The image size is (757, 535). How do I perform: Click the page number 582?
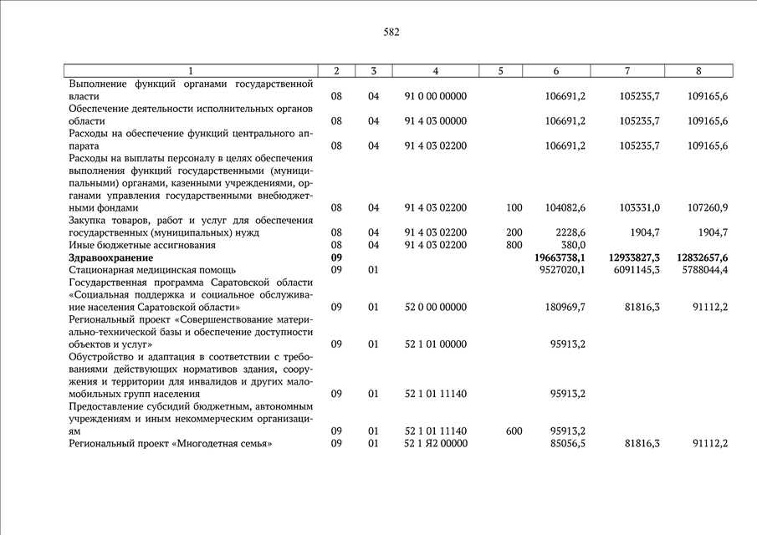point(391,33)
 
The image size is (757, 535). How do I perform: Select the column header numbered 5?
point(500,71)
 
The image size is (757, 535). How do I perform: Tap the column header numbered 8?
point(698,71)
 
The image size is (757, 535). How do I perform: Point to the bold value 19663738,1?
point(559,258)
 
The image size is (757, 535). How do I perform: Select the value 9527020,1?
point(560,270)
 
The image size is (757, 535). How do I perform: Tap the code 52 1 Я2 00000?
point(435,443)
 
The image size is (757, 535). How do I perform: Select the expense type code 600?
point(514,431)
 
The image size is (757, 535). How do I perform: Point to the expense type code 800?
point(514,246)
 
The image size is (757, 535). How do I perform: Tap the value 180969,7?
point(564,307)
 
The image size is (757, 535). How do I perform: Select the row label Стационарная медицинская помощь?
point(152,270)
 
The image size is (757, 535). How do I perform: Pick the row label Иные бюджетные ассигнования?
point(142,246)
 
